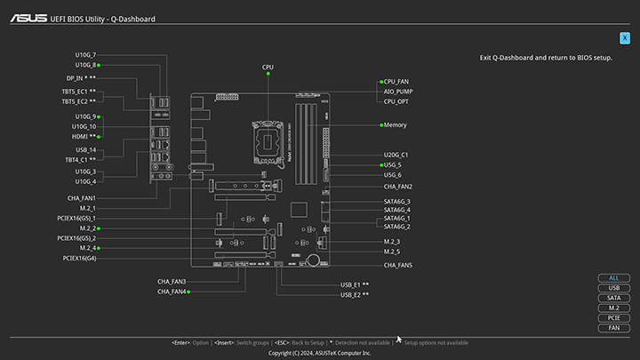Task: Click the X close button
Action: point(625,38)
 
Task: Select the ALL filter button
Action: point(613,277)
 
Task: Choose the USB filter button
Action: point(613,288)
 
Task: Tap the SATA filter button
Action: point(613,298)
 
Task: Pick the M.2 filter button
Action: point(613,308)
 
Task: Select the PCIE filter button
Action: point(613,317)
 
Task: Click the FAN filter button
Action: point(613,328)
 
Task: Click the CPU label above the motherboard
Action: point(268,68)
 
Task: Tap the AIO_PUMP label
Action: point(397,91)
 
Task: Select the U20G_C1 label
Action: point(396,155)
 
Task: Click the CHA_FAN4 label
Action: point(172,292)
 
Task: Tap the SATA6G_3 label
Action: point(396,202)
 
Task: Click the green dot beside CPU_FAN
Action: point(381,81)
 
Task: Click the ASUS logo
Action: point(29,17)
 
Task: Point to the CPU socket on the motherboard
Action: point(268,139)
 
